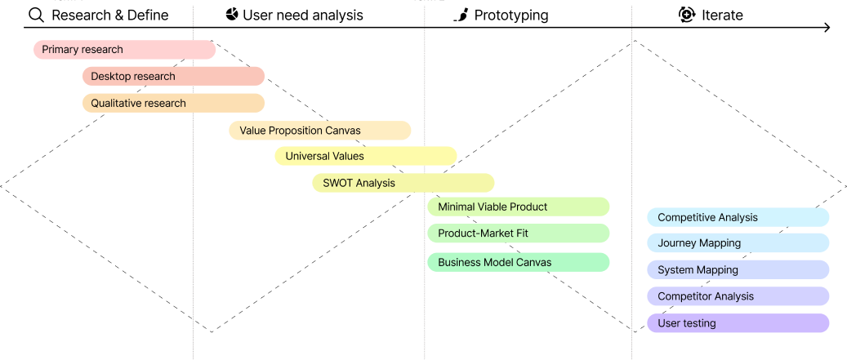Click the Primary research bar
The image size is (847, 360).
coord(124,50)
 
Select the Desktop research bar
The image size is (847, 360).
coord(173,77)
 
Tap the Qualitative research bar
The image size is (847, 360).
coord(173,104)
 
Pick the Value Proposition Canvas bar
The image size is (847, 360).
coord(319,131)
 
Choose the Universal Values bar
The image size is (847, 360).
coord(365,156)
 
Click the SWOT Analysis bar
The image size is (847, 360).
coord(403,183)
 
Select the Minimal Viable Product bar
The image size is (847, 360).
coord(518,207)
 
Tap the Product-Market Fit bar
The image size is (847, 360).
coord(518,233)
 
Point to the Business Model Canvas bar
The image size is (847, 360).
coord(518,263)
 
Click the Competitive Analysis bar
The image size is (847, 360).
coord(738,217)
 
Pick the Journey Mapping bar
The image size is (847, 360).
coord(738,243)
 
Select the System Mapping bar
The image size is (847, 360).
coord(738,270)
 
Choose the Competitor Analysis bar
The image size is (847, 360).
coord(738,296)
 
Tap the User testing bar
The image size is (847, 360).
coord(738,323)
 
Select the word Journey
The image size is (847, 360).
coord(676,243)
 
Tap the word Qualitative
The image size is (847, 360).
coord(115,104)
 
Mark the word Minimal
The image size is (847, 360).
coord(456,207)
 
